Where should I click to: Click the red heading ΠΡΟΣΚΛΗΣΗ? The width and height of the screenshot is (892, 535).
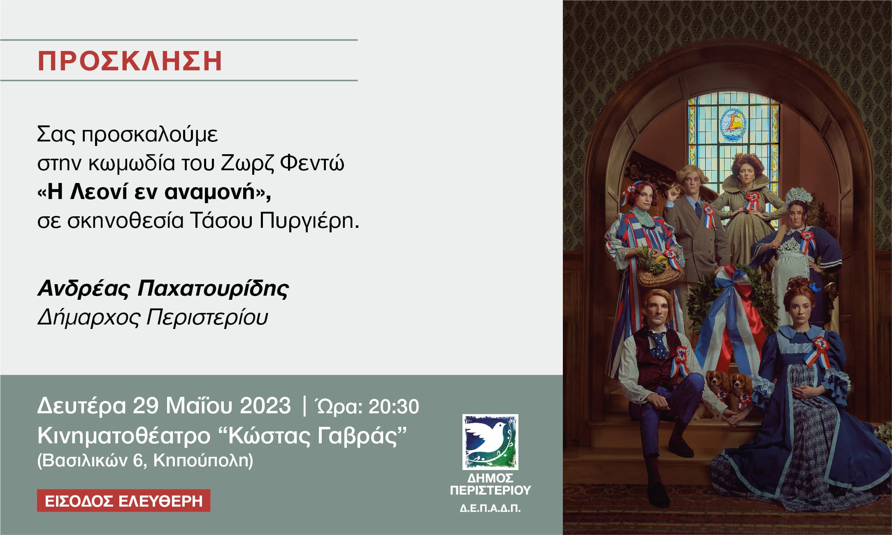coord(130,61)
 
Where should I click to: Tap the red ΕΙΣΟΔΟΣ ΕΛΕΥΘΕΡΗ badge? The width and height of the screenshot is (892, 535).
coord(123,501)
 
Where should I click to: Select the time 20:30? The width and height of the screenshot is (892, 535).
coord(394,406)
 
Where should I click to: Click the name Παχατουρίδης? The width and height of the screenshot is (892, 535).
coord(213,289)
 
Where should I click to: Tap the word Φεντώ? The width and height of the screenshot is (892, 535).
coord(312,163)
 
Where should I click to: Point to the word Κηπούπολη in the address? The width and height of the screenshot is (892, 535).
coord(203,461)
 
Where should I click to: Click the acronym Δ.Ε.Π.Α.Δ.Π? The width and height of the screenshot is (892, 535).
coord(490,509)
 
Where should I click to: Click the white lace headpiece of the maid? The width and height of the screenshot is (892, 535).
coord(799,196)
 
